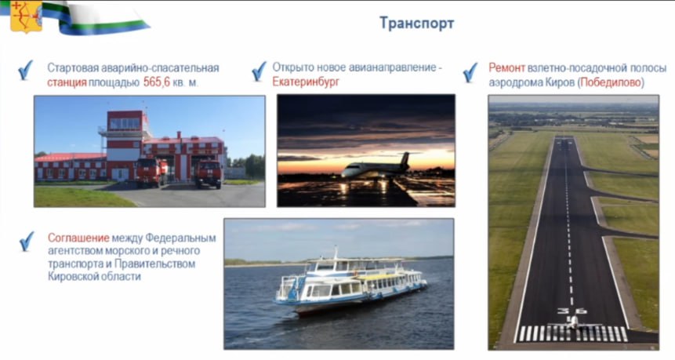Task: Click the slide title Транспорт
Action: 416,23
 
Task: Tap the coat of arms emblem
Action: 26,15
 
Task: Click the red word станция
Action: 61,82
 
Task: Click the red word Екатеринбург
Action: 306,82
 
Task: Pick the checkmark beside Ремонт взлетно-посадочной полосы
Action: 470,72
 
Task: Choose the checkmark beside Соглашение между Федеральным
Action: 27,240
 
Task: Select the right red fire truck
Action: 208,172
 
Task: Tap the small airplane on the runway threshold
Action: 572,322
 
